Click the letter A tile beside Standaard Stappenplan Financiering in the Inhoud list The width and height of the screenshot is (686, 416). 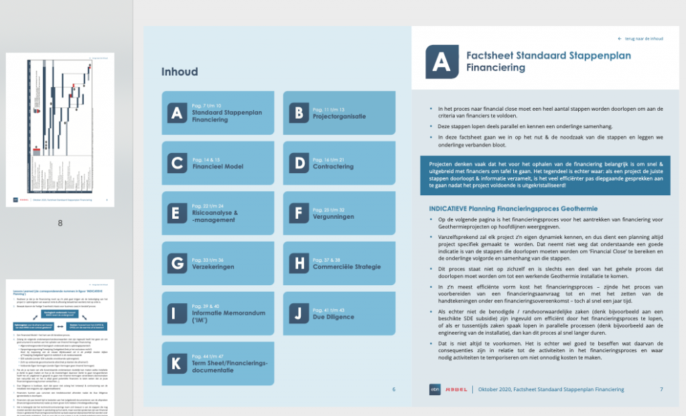[177, 113]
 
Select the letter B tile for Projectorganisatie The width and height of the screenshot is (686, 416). [299, 113]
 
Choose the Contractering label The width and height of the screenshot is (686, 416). [333, 166]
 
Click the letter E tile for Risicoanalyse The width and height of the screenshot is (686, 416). [177, 213]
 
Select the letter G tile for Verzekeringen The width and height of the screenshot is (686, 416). [177, 263]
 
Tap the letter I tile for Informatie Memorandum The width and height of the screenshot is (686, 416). [177, 313]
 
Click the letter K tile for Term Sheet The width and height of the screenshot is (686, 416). [177, 364]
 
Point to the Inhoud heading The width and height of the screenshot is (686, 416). [179, 72]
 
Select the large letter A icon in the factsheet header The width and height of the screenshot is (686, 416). [441, 62]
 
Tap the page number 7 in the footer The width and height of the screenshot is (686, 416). [661, 389]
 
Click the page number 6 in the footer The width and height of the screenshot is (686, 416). [394, 389]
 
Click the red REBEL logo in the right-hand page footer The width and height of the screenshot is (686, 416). [456, 389]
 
